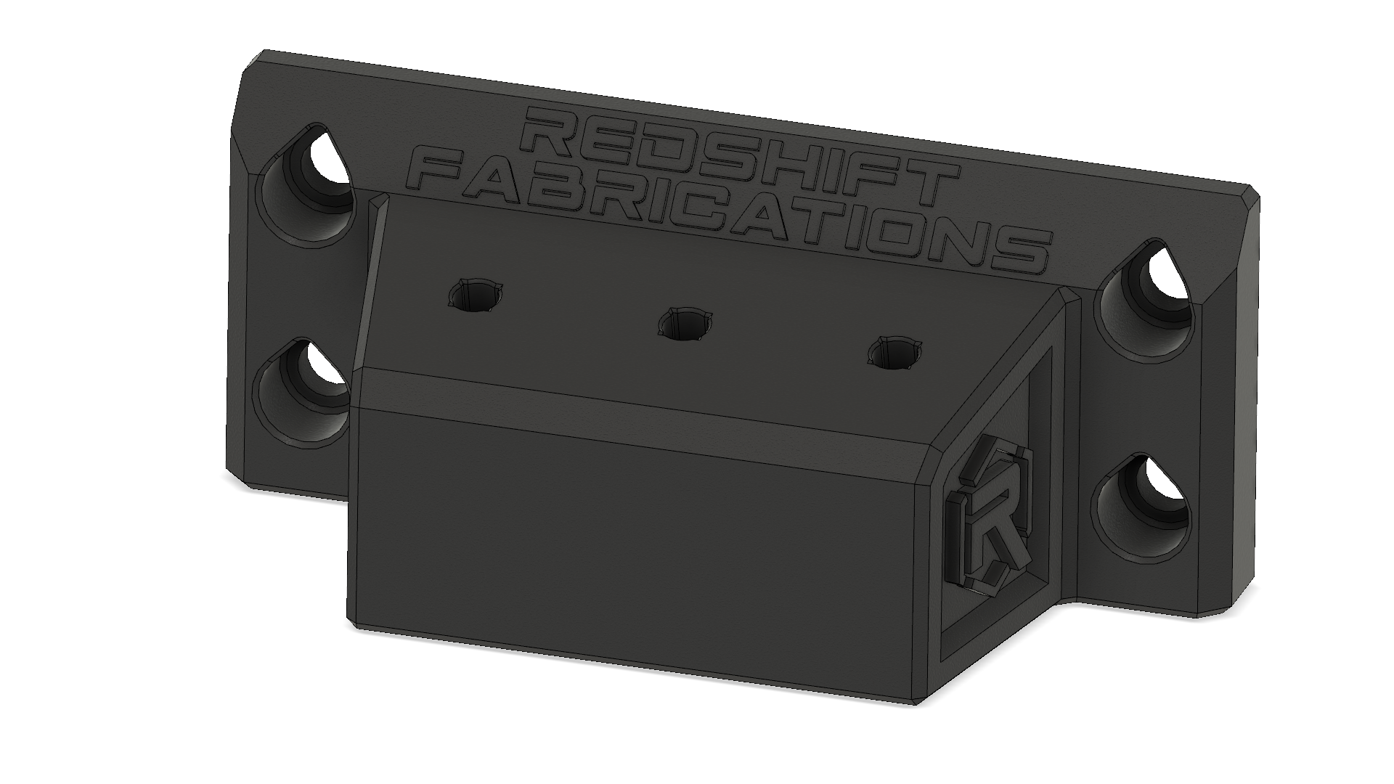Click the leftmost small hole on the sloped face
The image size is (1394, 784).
click(x=476, y=295)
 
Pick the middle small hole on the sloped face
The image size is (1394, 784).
click(x=684, y=323)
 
